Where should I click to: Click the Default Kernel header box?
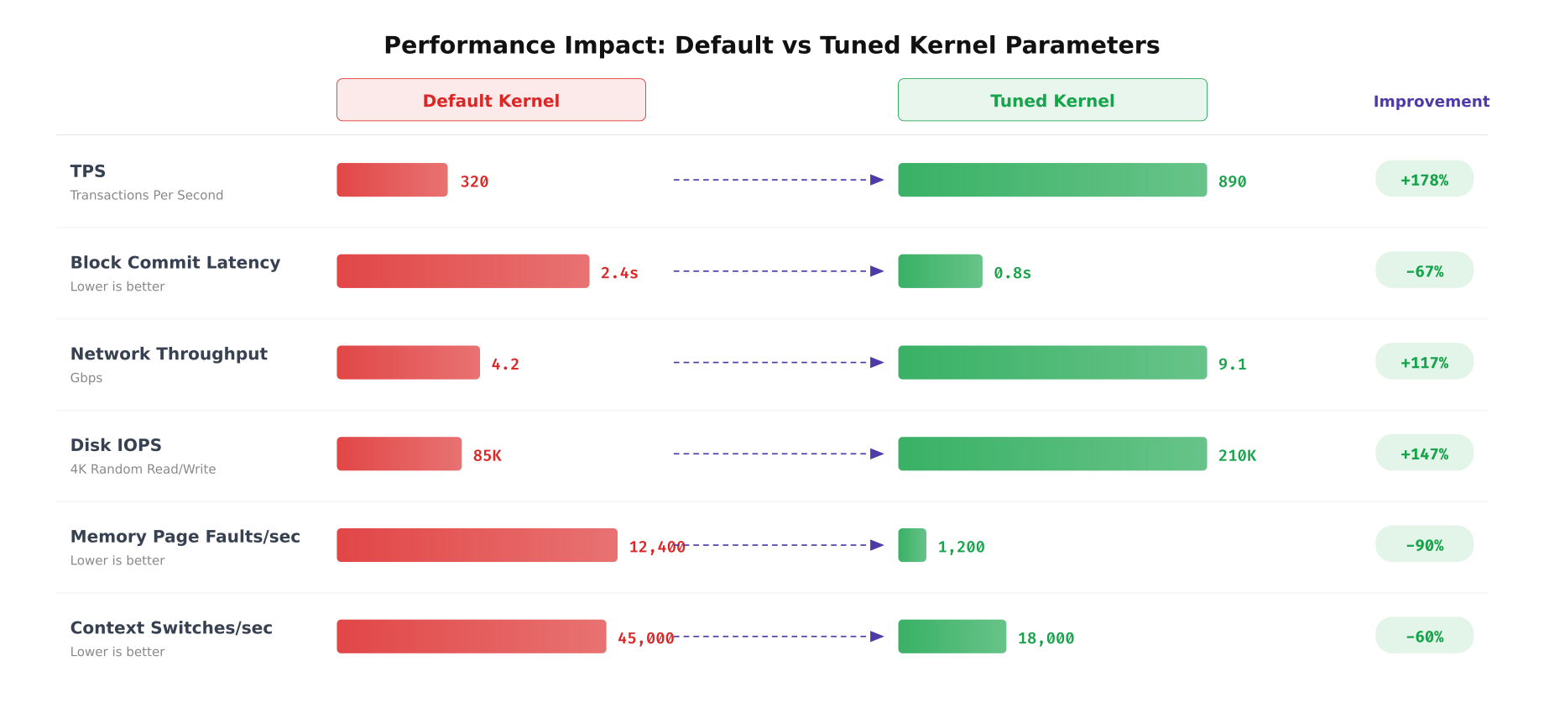point(491,100)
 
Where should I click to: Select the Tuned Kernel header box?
point(1052,100)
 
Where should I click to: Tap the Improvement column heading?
point(1431,102)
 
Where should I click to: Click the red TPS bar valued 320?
point(392,180)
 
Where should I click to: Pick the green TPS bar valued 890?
point(1052,180)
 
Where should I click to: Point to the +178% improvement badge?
point(1424,179)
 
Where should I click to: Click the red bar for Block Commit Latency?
point(462,271)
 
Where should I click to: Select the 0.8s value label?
point(1012,273)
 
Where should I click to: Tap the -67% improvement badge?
point(1424,270)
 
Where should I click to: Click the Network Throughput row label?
point(169,354)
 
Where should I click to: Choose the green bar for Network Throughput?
point(1052,362)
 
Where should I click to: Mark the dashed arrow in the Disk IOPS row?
point(778,454)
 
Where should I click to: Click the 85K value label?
point(487,455)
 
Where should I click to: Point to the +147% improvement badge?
point(1424,453)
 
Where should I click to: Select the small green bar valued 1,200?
point(912,545)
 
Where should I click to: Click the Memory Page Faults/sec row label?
point(185,537)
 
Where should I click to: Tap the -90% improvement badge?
point(1424,544)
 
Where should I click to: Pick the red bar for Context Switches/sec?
point(471,637)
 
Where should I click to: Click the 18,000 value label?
point(1046,638)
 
